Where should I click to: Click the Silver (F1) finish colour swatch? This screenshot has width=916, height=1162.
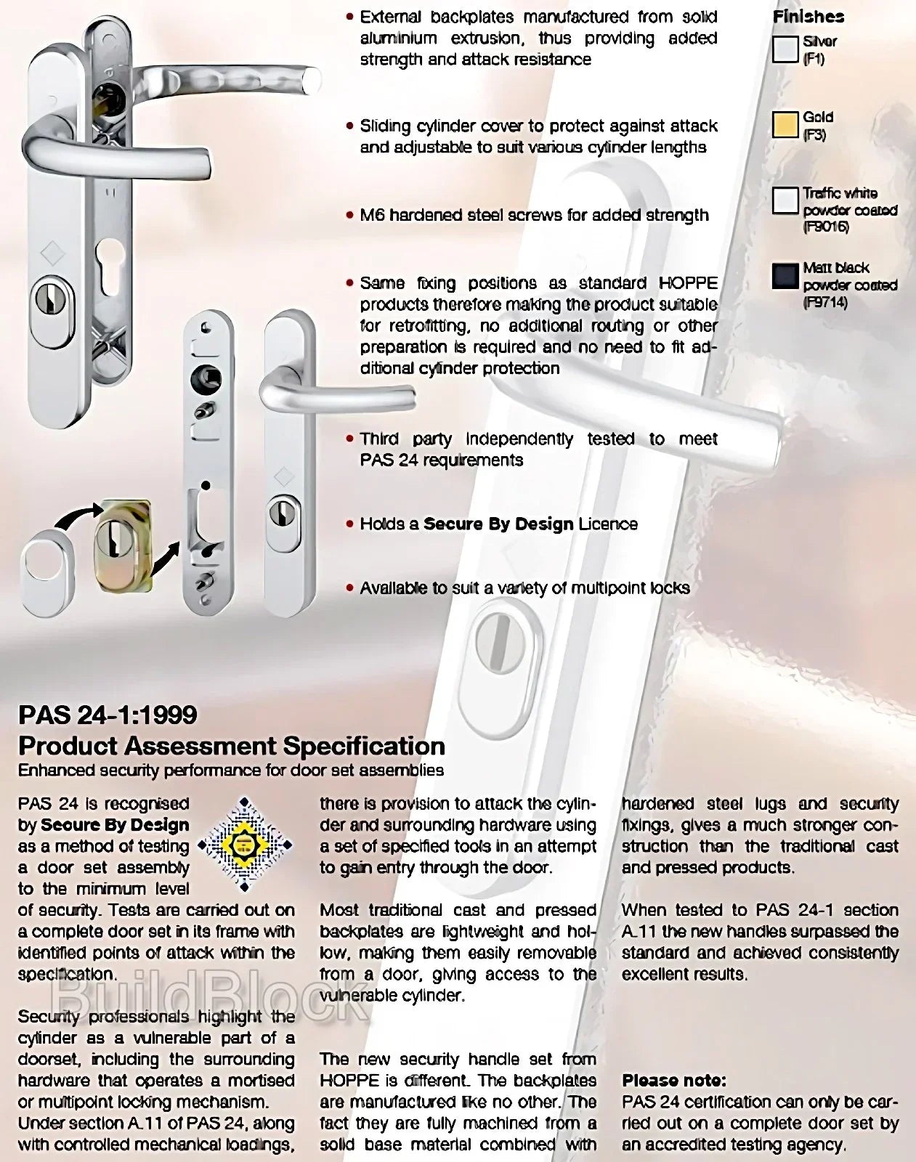(785, 50)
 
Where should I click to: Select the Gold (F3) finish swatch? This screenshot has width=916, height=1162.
(785, 125)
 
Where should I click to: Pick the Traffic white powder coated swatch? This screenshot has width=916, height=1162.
(785, 200)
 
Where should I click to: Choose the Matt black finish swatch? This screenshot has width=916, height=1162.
(785, 277)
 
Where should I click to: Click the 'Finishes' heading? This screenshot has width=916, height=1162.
(808, 17)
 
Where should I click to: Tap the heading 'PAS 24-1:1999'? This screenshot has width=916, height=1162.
(108, 715)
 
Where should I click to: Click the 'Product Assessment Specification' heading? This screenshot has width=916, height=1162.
(231, 746)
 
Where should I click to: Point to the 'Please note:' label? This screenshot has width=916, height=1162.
(673, 1080)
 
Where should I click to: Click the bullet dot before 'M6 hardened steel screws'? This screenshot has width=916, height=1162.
(350, 216)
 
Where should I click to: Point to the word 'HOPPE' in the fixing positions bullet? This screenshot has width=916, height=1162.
(687, 283)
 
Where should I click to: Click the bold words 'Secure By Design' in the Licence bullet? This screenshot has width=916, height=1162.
(498, 524)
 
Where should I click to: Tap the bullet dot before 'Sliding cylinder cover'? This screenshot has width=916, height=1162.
(350, 126)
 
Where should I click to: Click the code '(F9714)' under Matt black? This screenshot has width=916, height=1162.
(825, 303)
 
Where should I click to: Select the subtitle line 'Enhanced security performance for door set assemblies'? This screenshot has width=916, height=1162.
(230, 770)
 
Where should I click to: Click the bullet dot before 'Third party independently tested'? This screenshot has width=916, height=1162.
(350, 439)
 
